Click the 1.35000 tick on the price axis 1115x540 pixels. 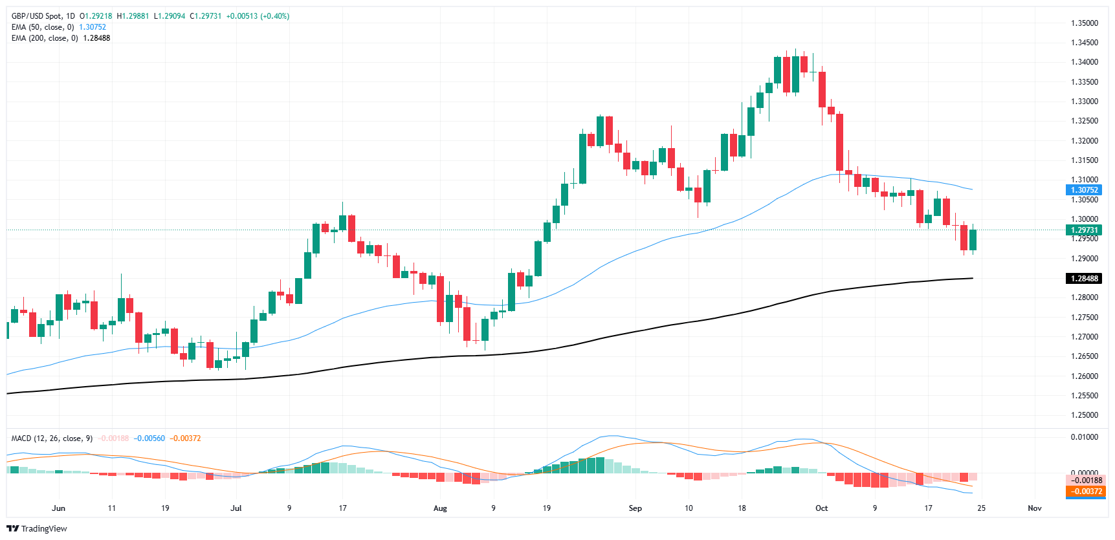1084,23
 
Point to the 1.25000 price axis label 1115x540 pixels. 1084,415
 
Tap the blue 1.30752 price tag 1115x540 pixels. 1084,190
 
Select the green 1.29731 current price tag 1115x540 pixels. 1084,230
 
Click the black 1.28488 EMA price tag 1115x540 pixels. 1084,279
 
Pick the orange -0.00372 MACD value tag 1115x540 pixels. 1084,491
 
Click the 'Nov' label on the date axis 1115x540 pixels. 1034,508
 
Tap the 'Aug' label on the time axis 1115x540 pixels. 440,508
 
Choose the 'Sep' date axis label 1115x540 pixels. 635,508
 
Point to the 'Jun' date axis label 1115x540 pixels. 58,508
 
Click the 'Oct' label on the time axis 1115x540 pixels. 821,508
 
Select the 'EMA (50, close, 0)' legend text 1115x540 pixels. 43,27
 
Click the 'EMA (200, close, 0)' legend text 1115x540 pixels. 45,38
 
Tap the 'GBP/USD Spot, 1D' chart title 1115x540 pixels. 43,16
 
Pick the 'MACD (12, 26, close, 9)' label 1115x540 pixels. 52,438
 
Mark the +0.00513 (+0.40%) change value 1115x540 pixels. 258,16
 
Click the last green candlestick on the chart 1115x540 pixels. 973,240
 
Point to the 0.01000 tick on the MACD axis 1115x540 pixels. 1084,437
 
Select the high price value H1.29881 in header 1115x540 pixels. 133,16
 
